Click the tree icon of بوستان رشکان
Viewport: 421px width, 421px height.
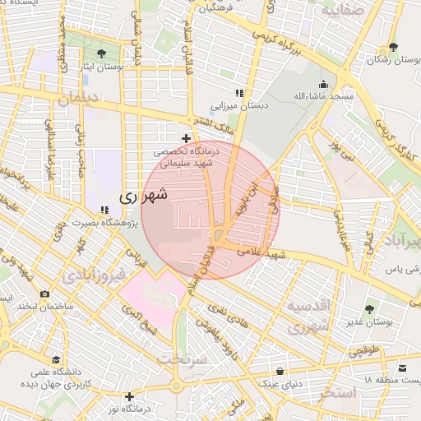point(394,46)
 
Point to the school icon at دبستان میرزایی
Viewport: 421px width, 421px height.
point(239,93)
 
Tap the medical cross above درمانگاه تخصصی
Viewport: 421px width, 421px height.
point(187,138)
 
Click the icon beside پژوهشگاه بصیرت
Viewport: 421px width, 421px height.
point(104,209)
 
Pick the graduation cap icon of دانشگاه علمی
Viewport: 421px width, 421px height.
point(56,359)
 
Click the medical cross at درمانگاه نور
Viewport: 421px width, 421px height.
point(129,396)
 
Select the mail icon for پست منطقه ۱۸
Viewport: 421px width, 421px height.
point(403,367)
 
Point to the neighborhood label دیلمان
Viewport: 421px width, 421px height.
point(78,100)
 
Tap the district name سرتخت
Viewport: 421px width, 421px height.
point(180,359)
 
